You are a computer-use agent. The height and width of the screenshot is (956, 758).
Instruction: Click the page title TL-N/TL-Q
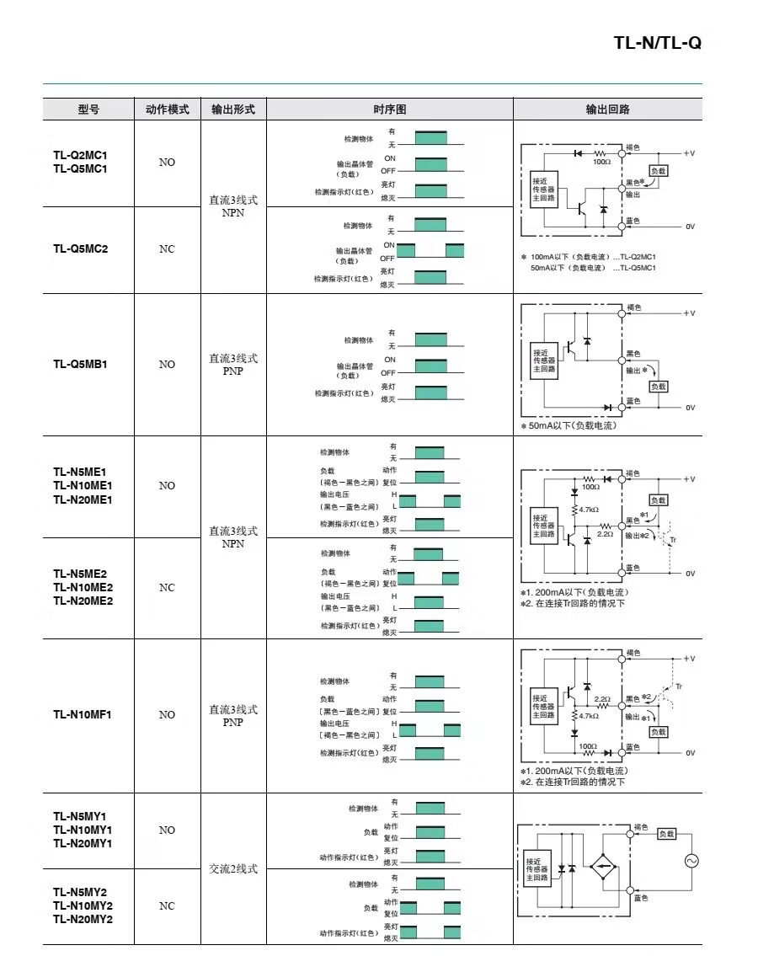click(x=657, y=43)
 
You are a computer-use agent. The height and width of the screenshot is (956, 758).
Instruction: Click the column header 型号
click(x=88, y=109)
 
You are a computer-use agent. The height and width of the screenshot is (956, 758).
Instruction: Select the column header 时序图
click(x=389, y=109)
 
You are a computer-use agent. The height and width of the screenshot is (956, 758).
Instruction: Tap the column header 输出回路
click(x=607, y=109)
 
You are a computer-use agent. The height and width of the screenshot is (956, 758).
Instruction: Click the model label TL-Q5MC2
click(x=81, y=248)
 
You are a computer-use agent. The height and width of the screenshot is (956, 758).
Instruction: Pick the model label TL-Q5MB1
click(x=81, y=364)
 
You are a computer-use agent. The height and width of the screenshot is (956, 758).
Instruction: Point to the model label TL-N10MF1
click(x=83, y=714)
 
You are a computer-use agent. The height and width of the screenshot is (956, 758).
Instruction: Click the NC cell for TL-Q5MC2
click(x=167, y=249)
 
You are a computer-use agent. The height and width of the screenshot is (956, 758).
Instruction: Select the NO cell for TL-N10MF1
click(x=167, y=714)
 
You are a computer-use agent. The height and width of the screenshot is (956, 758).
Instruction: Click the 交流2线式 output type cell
click(x=233, y=868)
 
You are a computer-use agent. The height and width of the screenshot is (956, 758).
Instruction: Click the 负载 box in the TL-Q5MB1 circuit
click(x=659, y=386)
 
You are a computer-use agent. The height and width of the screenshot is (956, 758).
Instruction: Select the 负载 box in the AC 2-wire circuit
click(x=666, y=833)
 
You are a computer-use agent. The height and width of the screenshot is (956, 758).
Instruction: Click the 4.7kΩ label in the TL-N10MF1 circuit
click(x=588, y=715)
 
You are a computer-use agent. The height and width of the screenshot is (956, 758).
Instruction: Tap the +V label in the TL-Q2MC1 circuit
click(x=689, y=153)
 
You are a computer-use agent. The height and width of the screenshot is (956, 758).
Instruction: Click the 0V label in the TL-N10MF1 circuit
click(x=690, y=752)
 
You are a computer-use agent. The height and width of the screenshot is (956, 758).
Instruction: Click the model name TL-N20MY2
click(x=83, y=918)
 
